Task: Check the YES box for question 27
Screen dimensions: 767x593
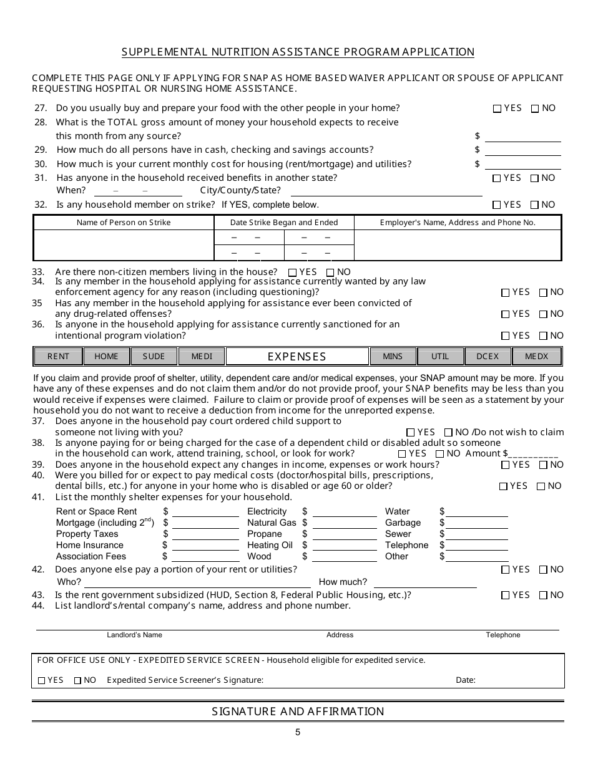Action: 497,109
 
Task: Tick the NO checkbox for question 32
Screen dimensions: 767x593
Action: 535,205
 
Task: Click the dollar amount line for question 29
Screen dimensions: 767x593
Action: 522,151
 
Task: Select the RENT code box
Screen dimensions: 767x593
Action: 58,357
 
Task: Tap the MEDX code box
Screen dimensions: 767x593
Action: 537,357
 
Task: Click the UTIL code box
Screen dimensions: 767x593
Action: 440,357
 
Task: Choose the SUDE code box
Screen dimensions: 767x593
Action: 154,357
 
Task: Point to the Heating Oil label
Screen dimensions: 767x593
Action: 270,545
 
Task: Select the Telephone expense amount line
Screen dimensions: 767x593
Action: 476,547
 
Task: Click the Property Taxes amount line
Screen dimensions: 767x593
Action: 205,536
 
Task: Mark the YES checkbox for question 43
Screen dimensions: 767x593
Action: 506,596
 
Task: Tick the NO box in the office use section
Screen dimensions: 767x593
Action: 78,681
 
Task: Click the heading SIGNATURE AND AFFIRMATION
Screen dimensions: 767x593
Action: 298,712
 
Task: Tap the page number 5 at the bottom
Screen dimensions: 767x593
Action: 298,733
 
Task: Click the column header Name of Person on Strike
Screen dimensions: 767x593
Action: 124,223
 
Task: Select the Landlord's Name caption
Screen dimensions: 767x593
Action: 134,635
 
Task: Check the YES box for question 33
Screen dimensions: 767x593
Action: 293,273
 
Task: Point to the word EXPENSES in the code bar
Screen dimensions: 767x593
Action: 297,357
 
